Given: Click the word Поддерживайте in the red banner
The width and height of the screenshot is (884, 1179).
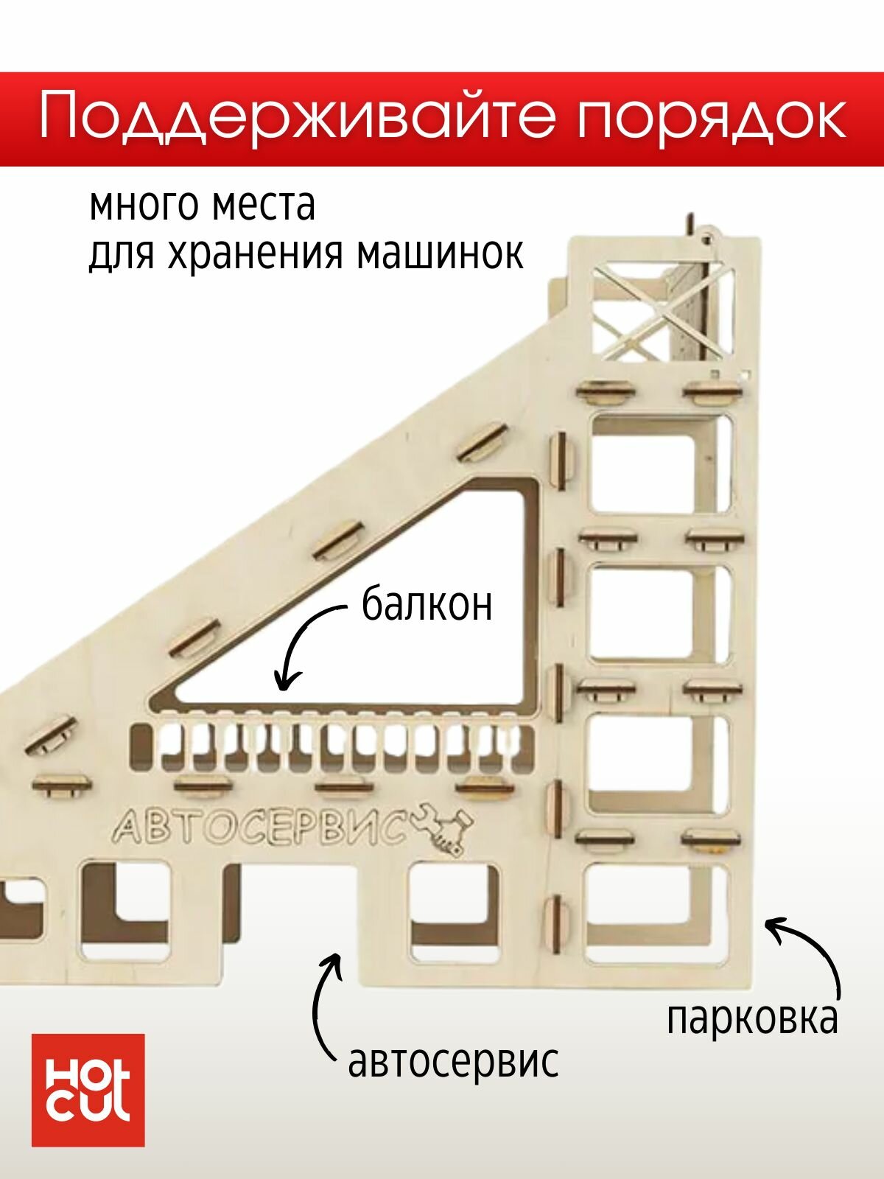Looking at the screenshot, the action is click(x=295, y=118).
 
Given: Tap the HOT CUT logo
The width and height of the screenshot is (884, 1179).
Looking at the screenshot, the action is click(x=88, y=1091).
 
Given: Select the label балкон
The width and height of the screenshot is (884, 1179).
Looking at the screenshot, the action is click(x=427, y=606).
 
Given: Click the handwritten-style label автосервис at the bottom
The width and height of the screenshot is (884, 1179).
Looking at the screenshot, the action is click(x=452, y=1062).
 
